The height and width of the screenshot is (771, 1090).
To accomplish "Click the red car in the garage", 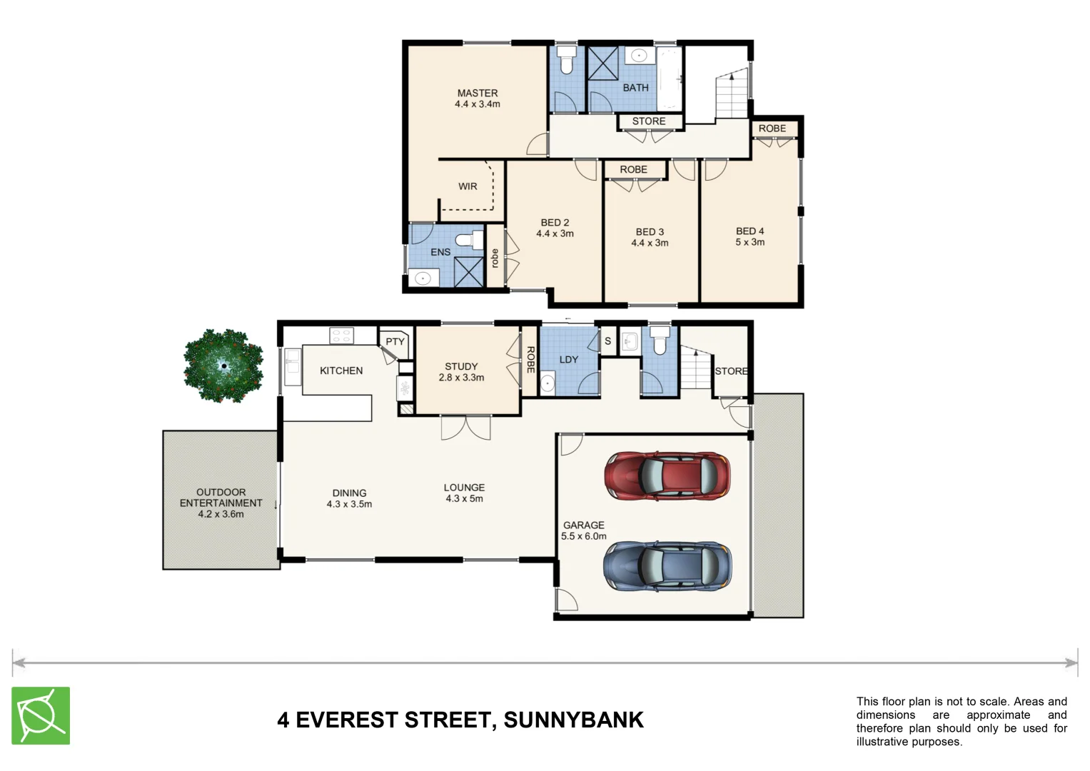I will pos(667,475).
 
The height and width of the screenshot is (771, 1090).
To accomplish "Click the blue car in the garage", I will pos(667,565).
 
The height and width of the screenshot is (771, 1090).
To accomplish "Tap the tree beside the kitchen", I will pos(223,366).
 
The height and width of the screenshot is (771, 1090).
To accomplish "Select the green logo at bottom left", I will pos(41,715).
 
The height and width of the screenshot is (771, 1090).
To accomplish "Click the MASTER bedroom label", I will pos(478,93).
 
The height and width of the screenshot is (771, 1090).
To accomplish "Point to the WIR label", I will pos(468,186).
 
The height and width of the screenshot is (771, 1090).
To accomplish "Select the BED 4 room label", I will pos(750,231).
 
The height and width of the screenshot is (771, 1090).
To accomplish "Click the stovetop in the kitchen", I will pos(341,335).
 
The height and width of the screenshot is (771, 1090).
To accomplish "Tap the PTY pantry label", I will pos(395,342).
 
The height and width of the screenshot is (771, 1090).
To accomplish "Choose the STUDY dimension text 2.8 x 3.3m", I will pos(461,378).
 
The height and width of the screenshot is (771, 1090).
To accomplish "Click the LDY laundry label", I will pos(569,360).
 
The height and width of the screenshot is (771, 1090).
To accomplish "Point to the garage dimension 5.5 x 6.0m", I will pos(583,536).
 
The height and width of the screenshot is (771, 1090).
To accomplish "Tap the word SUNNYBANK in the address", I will pos(573,720).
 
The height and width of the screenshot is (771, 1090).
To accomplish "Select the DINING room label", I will pos(349,493).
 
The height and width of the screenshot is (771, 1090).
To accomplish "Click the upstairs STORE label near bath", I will pos(648,121).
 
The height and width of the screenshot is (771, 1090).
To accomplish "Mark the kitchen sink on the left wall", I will pos(292,367).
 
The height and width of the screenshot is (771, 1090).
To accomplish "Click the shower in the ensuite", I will pos(469,271).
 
